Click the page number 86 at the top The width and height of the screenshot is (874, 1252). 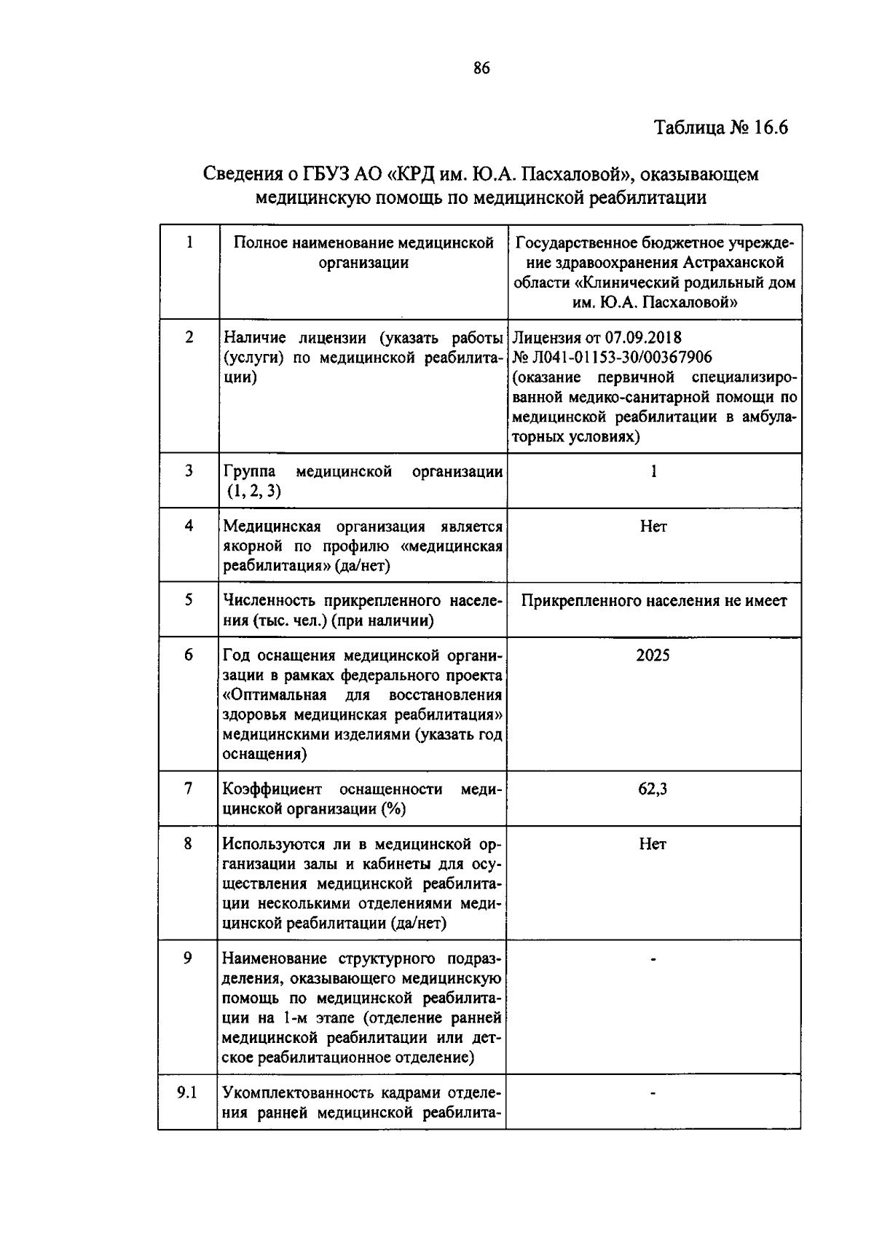pyautogui.click(x=481, y=68)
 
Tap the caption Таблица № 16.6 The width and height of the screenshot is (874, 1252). pyautogui.click(x=721, y=127)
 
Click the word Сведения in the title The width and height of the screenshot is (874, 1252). pyautogui.click(x=241, y=174)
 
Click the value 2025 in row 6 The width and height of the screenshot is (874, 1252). pyautogui.click(x=653, y=655)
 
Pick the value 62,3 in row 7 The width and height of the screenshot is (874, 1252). pyautogui.click(x=653, y=789)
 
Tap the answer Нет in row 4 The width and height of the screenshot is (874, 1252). pyautogui.click(x=653, y=526)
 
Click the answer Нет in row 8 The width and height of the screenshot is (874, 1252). pyautogui.click(x=653, y=844)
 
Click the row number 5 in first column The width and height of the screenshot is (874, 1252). pyautogui.click(x=189, y=600)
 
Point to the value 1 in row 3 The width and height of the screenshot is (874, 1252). pyautogui.click(x=653, y=471)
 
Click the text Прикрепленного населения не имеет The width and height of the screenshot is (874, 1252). pyautogui.click(x=654, y=601)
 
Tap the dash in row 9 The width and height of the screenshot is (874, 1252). pyautogui.click(x=653, y=960)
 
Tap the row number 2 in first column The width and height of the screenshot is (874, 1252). pyautogui.click(x=189, y=337)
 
